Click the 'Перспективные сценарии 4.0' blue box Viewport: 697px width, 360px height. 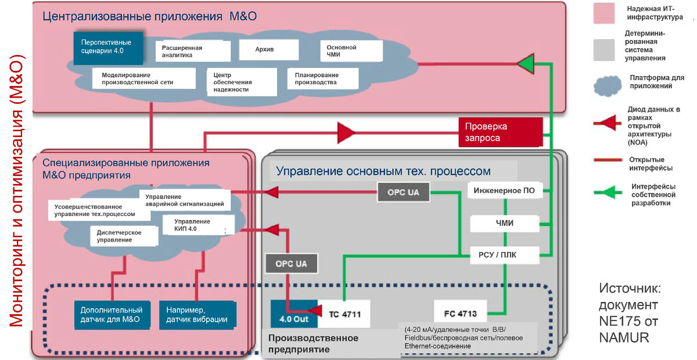click(106, 47)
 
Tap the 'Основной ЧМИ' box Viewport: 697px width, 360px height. click(351, 51)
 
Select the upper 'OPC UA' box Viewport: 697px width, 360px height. click(403, 192)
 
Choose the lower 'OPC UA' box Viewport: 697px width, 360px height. click(291, 264)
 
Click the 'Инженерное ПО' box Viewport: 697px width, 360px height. click(504, 190)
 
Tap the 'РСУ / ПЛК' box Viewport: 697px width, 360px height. click(505, 254)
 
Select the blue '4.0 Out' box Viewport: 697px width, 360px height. click(294, 317)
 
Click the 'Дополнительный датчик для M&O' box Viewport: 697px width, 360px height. click(111, 315)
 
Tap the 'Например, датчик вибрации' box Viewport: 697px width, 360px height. click(197, 315)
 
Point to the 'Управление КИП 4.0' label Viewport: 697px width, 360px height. click(192, 225)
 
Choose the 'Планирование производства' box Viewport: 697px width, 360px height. click(321, 78)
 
